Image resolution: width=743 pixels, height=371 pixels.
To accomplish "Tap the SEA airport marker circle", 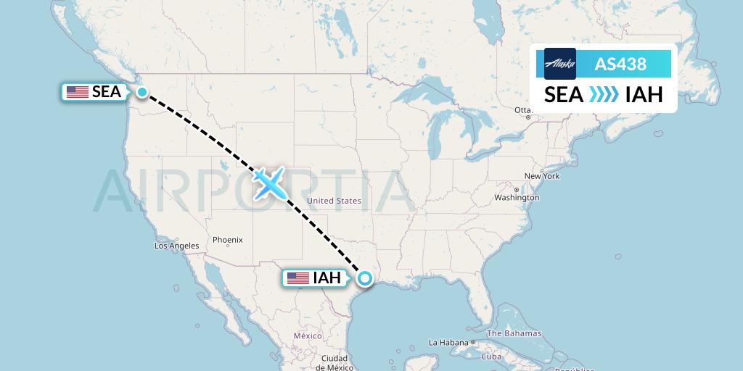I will [x=142, y=92].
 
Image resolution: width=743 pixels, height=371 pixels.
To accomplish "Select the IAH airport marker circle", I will [x=364, y=278].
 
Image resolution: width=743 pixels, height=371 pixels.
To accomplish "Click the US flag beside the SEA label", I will [x=77, y=92].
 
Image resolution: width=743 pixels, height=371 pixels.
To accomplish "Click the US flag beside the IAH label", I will [x=297, y=278].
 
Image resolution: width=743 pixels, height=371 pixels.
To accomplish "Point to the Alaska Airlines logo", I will [x=559, y=64].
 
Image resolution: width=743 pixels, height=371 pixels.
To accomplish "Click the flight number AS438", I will [x=620, y=64].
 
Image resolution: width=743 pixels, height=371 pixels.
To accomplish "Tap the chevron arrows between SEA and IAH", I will [x=604, y=94].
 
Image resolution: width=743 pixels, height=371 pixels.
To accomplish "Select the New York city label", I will [x=542, y=176].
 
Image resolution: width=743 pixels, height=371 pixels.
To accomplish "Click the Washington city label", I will [x=517, y=197].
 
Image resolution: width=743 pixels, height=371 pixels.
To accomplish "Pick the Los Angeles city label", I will [x=176, y=246].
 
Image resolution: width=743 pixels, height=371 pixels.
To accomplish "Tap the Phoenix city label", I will [x=227, y=240].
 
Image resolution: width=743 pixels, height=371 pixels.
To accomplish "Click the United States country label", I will [x=334, y=201].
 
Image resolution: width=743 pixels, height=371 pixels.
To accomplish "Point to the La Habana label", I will [x=450, y=342].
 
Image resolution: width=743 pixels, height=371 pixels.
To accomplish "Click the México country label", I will [x=308, y=336].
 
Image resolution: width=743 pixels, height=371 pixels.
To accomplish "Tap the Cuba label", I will [x=492, y=356].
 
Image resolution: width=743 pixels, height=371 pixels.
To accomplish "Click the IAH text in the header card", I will [x=644, y=94].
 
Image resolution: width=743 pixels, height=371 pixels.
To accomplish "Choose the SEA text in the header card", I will [x=564, y=94].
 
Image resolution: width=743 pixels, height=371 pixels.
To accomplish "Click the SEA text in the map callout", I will [x=107, y=92].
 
